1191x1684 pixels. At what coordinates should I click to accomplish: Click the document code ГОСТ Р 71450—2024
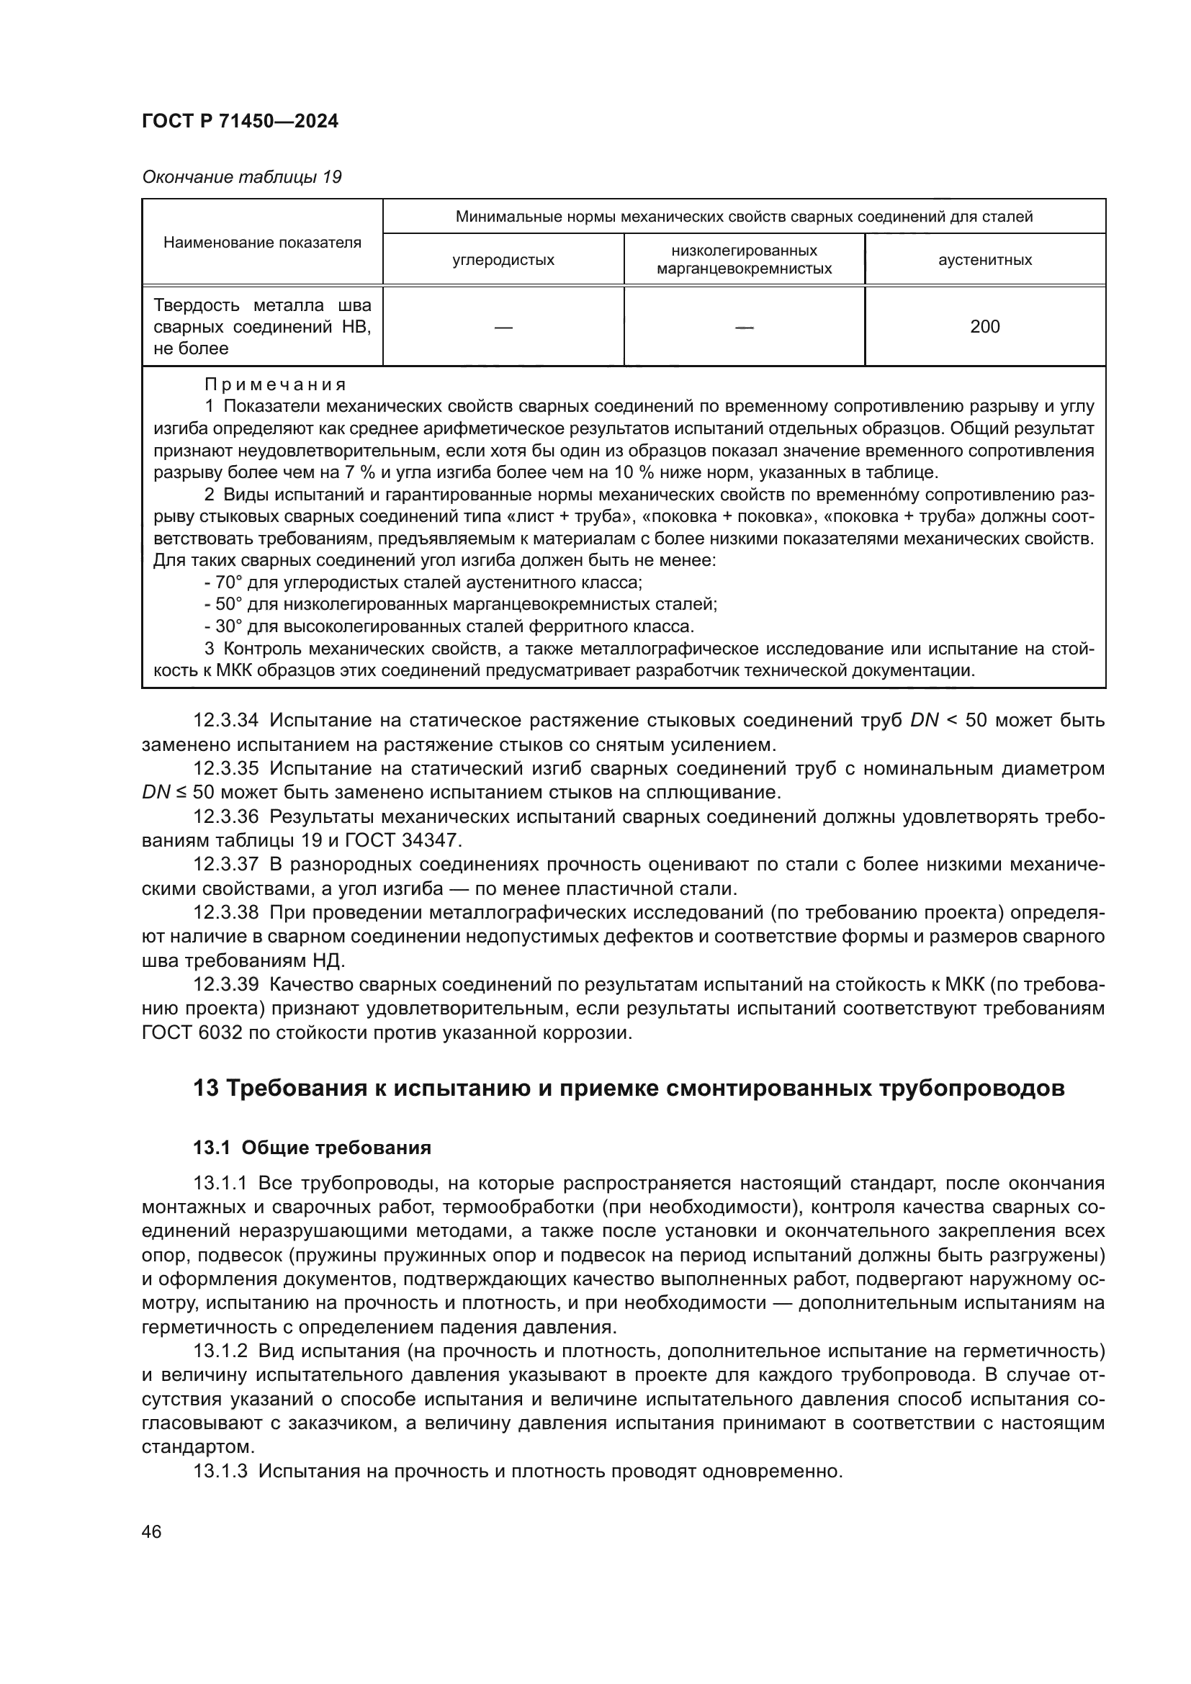[x=240, y=121]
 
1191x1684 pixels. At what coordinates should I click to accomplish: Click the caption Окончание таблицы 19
[x=241, y=178]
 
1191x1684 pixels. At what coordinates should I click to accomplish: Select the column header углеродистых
[x=503, y=260]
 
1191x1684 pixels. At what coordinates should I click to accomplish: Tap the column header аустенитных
[x=984, y=260]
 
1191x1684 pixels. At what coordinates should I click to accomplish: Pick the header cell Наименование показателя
[x=262, y=243]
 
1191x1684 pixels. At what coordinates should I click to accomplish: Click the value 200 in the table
[x=984, y=327]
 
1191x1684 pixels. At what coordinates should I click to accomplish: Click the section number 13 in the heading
[x=205, y=1089]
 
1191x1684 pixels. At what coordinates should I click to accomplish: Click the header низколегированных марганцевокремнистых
[x=744, y=260]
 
